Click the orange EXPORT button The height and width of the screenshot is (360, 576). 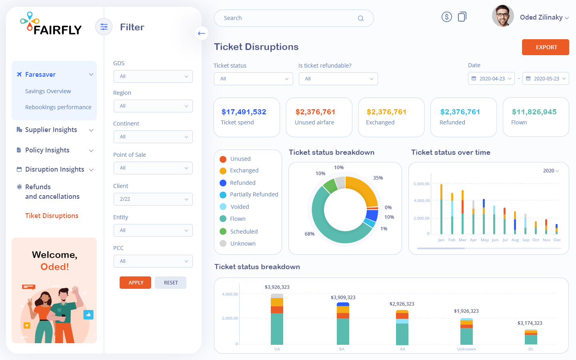point(545,47)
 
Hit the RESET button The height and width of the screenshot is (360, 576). point(170,282)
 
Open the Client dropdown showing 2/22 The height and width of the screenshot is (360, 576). point(153,199)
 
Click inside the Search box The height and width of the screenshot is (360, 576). point(288,18)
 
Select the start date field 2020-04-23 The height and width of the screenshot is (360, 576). point(491,79)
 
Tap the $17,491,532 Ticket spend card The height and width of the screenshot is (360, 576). point(246,117)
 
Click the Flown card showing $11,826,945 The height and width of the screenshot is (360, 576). point(535,117)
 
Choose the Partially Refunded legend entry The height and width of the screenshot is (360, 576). point(254,194)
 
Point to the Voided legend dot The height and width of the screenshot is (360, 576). point(223,207)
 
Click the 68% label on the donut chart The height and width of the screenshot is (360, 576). point(310,234)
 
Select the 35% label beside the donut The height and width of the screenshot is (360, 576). point(378,178)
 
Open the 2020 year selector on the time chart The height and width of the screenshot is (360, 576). point(551,171)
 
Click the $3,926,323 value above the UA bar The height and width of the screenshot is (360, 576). point(277,287)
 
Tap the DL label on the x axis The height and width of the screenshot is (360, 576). point(531,349)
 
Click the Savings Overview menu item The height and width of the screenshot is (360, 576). point(48,91)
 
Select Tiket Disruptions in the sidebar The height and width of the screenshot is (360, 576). point(52,216)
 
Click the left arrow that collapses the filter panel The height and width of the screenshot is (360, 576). point(202,33)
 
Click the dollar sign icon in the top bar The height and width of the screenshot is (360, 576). point(446,17)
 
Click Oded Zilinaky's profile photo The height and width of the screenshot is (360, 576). point(503,16)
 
